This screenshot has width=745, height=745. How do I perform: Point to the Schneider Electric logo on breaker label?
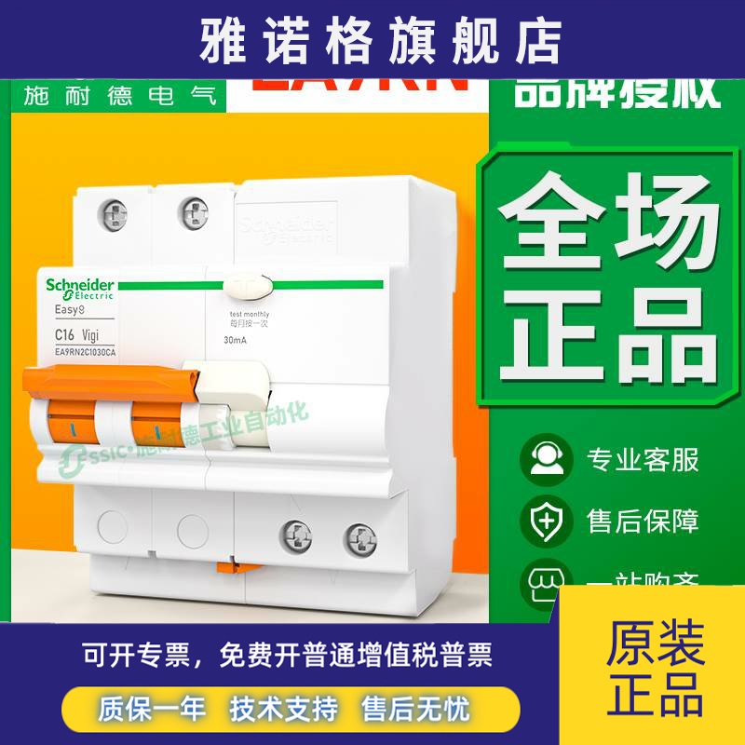click(79, 288)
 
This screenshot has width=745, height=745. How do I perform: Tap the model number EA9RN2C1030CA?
click(85, 351)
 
